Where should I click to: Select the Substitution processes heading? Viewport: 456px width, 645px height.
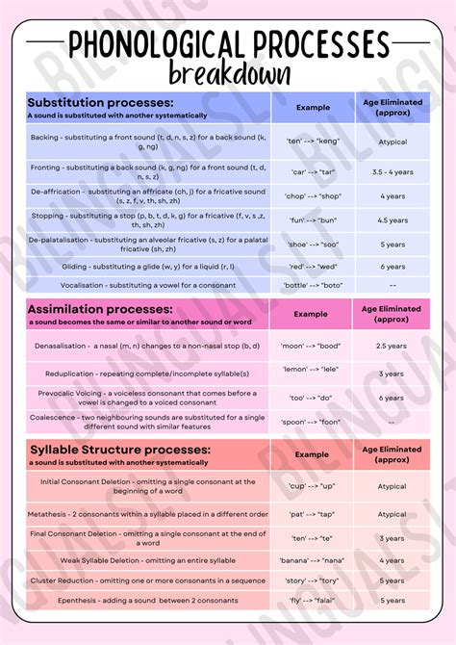pos(100,102)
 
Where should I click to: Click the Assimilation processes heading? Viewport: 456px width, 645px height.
pos(100,309)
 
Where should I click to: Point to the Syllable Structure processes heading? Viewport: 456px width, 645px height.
pos(119,449)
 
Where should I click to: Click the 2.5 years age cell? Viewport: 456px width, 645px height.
pos(393,345)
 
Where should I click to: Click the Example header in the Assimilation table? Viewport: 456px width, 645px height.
pos(311,314)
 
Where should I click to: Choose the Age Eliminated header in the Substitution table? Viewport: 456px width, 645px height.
pos(392,107)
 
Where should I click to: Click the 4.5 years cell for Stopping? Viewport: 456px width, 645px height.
pos(393,219)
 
